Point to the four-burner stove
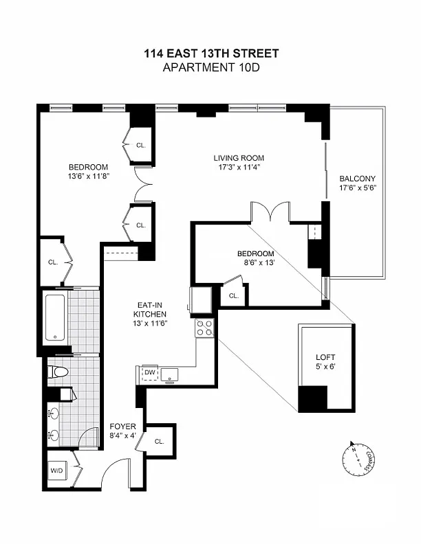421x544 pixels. point(204,328)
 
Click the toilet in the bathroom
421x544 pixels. point(57,372)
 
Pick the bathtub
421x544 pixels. point(55,317)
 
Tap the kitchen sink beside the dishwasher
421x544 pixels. point(169,375)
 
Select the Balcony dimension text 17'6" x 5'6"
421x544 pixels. point(358,188)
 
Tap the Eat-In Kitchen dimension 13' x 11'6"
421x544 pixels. point(150,324)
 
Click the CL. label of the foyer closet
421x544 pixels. point(159,442)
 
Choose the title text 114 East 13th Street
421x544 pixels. point(212,54)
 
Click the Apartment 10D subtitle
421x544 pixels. point(211,67)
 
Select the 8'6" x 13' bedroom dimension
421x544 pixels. point(259,262)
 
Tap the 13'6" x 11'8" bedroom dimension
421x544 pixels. point(89,176)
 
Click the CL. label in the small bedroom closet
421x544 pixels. point(234,296)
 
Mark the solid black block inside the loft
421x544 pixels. point(312,398)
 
